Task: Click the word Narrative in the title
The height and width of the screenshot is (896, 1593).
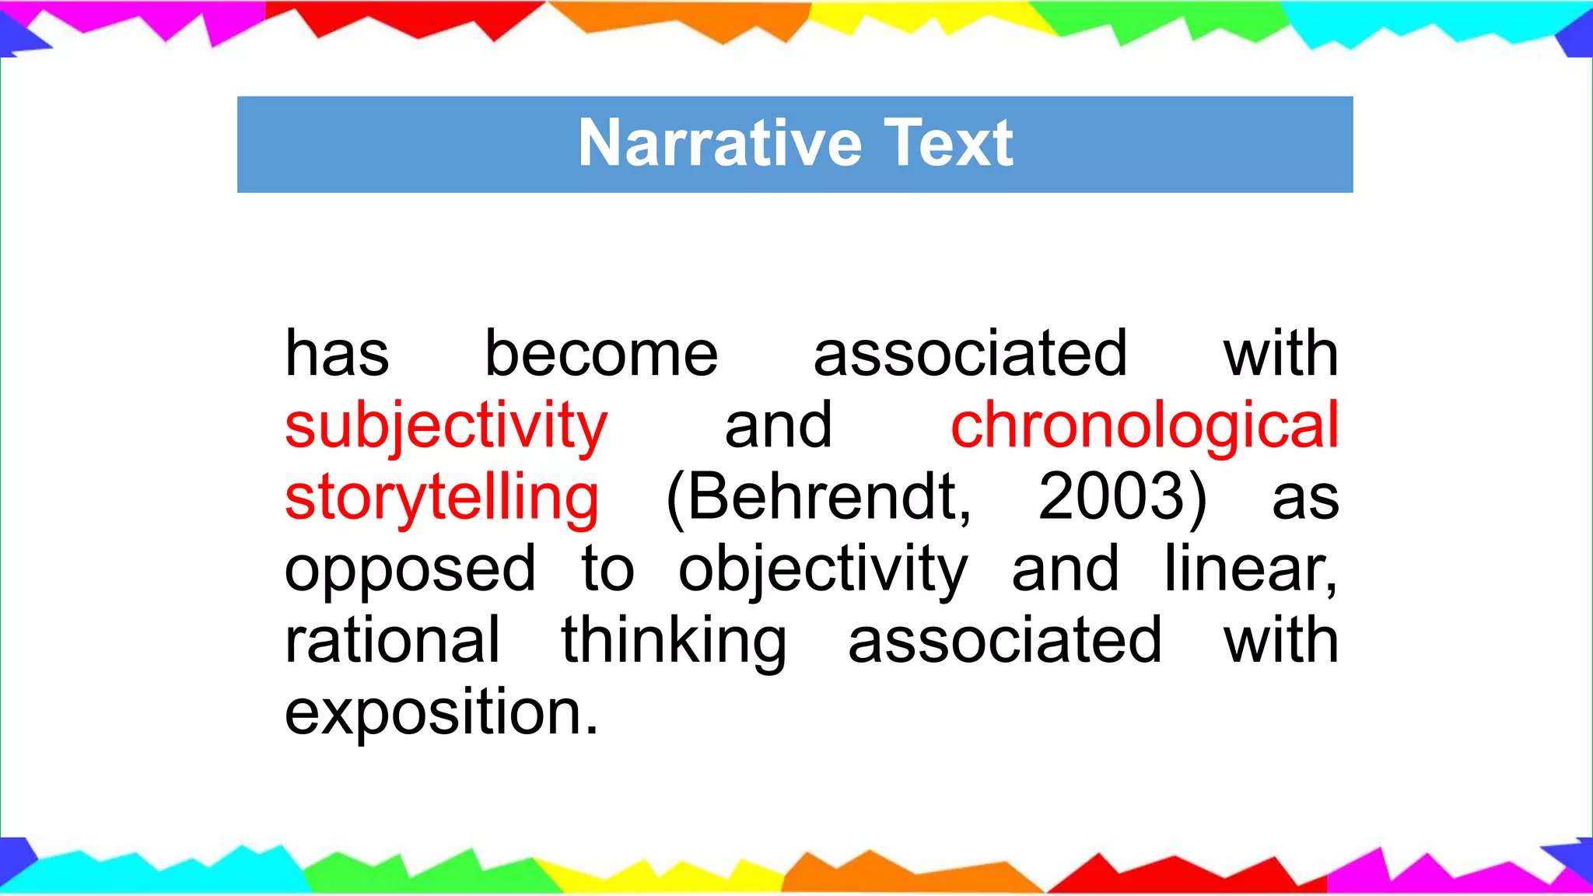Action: point(719,144)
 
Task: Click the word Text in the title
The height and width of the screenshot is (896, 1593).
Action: point(948,144)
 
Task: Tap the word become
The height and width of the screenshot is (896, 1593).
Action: point(601,355)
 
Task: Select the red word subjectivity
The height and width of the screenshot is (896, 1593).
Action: point(446,426)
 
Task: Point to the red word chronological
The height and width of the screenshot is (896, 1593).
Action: point(1144,426)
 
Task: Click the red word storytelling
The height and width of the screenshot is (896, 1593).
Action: point(442,498)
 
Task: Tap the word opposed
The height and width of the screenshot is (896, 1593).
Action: point(410,569)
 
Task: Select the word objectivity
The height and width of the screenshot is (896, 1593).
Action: point(823,569)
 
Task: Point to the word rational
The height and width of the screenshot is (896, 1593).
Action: point(392,641)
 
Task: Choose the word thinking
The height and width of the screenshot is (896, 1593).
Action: point(674,641)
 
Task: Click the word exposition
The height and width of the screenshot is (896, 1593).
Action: point(440,712)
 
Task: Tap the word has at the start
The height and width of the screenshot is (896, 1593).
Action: point(337,355)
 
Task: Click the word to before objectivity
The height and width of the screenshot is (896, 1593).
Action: point(607,569)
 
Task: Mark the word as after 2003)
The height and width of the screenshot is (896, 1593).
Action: point(1305,498)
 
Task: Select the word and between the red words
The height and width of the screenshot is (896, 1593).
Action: point(778,426)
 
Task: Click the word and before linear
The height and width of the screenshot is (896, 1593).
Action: point(1065,569)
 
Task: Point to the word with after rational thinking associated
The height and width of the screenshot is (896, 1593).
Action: point(1280,641)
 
